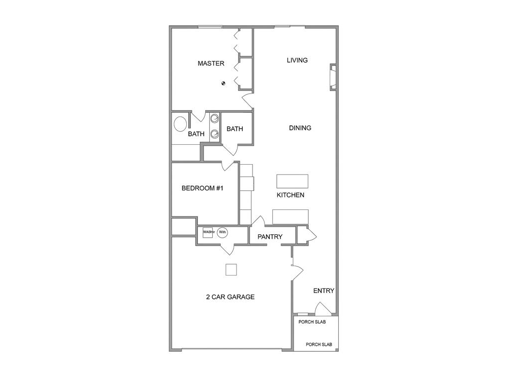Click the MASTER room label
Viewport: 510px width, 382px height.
click(x=211, y=63)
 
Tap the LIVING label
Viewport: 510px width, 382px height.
click(x=297, y=60)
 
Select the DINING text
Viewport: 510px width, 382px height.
click(x=300, y=128)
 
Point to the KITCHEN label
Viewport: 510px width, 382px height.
click(x=290, y=195)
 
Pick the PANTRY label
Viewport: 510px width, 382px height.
click(x=270, y=237)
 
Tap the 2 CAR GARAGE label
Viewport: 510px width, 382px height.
click(x=230, y=297)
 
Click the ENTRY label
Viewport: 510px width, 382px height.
click(x=324, y=291)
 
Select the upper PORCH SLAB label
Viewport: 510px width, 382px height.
click(x=312, y=322)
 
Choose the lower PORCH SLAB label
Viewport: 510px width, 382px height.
click(x=319, y=344)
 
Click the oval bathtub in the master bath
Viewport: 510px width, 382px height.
click(x=180, y=124)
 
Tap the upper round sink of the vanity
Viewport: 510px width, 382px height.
click(x=215, y=118)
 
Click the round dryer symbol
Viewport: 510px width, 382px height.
click(x=222, y=232)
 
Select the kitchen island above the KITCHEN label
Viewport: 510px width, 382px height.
click(x=292, y=180)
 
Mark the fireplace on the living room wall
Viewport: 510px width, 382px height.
click(x=333, y=78)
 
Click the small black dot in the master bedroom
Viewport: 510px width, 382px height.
click(x=224, y=84)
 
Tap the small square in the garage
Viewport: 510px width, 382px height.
click(x=231, y=270)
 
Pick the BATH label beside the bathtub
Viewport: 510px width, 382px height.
click(x=196, y=134)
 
